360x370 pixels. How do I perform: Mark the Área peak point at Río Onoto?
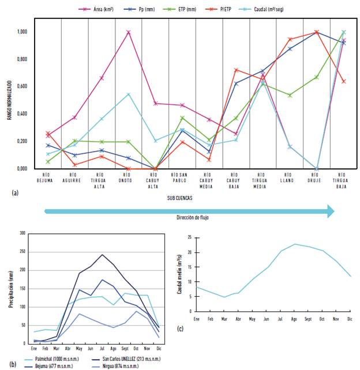tap(128, 32)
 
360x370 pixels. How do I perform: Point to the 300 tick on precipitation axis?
tap(23, 233)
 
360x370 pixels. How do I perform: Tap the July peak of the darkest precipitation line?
tap(102, 254)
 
